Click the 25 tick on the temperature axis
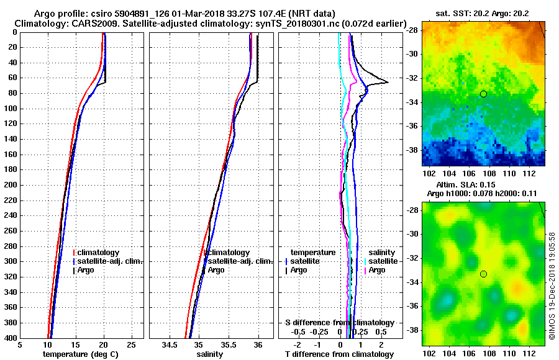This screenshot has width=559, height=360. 131,345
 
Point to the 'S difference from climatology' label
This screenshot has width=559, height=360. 339,323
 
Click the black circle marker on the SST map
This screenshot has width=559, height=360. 483,94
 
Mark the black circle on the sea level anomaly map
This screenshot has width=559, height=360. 483,274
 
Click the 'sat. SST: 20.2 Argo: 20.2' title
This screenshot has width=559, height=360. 484,13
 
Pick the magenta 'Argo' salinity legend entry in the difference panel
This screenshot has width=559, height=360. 377,270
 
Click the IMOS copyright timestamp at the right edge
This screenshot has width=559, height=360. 552,286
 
